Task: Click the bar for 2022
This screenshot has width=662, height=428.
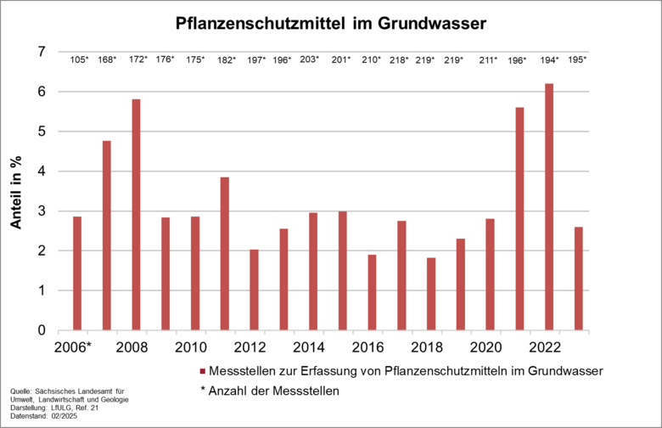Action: [549, 207]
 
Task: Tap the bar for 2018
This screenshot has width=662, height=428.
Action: [431, 294]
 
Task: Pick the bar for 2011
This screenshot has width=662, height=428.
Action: [225, 254]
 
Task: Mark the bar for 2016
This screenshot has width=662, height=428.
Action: [372, 292]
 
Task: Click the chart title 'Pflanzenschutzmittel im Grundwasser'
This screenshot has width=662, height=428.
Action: [331, 24]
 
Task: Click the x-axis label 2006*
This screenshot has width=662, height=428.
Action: [72, 347]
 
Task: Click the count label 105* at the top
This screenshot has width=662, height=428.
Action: [79, 59]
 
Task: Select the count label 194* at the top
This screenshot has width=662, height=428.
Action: [549, 59]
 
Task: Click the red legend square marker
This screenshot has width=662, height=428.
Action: [202, 371]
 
